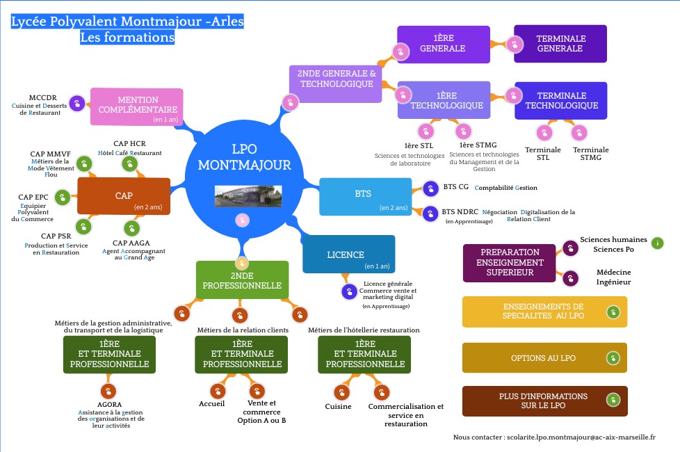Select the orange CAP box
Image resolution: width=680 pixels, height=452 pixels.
124,196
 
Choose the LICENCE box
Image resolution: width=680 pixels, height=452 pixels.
348,255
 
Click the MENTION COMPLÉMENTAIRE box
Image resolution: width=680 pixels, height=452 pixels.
137,106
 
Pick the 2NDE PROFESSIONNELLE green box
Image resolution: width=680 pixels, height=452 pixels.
241,280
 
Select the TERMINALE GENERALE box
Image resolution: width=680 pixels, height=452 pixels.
560,44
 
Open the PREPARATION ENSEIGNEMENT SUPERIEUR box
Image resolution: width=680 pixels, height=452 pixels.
510,262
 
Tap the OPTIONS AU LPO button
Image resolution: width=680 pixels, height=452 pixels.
544,358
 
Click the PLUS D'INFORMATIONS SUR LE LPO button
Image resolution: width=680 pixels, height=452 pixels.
544,401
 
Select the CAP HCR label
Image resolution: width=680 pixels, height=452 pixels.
129,144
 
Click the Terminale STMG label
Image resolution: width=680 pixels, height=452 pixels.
590,154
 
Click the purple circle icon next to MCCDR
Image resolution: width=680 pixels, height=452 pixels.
78,104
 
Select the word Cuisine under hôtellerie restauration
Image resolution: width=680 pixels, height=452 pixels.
339,407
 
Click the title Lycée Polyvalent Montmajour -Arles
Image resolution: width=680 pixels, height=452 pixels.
127,22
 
